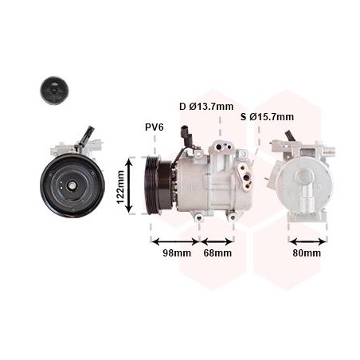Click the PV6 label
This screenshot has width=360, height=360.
(x=155, y=127)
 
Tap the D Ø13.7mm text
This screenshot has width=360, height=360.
(x=206, y=107)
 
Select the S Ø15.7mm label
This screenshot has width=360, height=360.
(x=267, y=117)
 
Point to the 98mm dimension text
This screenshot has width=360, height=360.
(x=177, y=253)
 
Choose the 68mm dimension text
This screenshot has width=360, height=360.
(x=217, y=253)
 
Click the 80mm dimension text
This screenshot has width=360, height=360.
(x=307, y=253)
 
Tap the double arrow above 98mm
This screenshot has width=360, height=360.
(x=175, y=241)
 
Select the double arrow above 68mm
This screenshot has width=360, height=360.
(x=217, y=241)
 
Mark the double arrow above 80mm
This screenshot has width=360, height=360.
(x=307, y=241)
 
